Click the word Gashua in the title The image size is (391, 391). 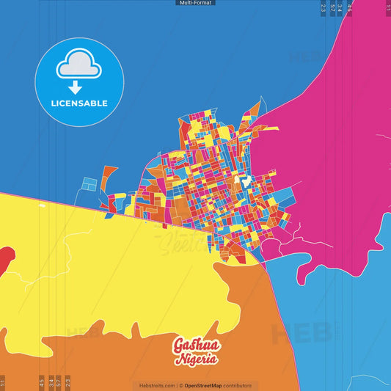[196, 345]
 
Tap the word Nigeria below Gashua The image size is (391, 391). [196, 359]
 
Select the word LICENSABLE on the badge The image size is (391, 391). [80, 103]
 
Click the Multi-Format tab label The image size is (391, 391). [196, 3]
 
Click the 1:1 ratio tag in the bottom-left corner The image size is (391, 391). [3, 382]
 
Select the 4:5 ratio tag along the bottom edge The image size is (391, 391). [42, 382]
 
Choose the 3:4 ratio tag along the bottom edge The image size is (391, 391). [51, 382]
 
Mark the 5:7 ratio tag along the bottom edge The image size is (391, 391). [59, 382]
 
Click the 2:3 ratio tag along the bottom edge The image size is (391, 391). [67, 382]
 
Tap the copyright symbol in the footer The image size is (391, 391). [180, 385]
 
